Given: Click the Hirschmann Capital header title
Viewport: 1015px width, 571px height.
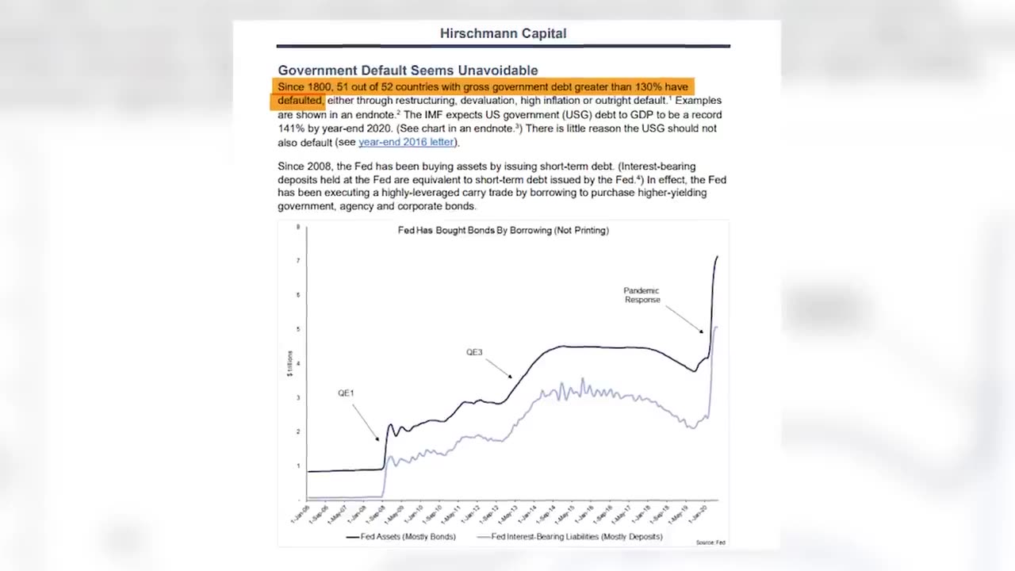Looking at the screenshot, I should (503, 33).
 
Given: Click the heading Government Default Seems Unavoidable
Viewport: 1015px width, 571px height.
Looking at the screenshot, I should (408, 71).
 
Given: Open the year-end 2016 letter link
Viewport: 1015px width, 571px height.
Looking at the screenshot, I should (406, 142).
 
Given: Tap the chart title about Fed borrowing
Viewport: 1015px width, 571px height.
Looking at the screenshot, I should (503, 231).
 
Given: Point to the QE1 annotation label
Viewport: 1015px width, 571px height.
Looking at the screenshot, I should (346, 393).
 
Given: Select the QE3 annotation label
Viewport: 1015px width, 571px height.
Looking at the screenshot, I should (474, 352).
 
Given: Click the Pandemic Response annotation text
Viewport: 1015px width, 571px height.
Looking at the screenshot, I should (642, 295).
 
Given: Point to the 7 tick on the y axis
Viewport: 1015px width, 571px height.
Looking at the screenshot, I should (298, 261).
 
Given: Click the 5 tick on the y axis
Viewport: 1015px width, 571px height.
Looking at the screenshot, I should (298, 329).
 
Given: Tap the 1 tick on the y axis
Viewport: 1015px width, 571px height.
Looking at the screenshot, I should (298, 466).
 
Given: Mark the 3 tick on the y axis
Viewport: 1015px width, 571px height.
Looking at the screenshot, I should (298, 398).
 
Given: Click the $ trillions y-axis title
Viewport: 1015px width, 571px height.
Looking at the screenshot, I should (290, 363).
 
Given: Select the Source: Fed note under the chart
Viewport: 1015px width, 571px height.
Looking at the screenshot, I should (710, 542).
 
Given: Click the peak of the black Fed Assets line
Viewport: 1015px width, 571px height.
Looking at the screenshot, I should (717, 257).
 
